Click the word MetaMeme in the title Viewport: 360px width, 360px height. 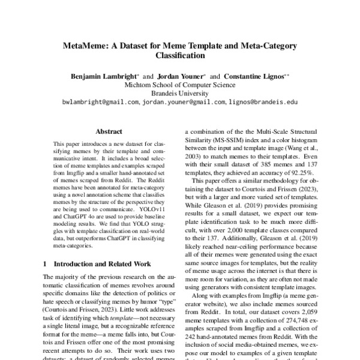coord(85,47)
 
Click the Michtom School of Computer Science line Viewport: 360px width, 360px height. coord(180,85)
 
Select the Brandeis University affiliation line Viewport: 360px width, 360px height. coord(180,94)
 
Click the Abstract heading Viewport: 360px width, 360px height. coord(109,131)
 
